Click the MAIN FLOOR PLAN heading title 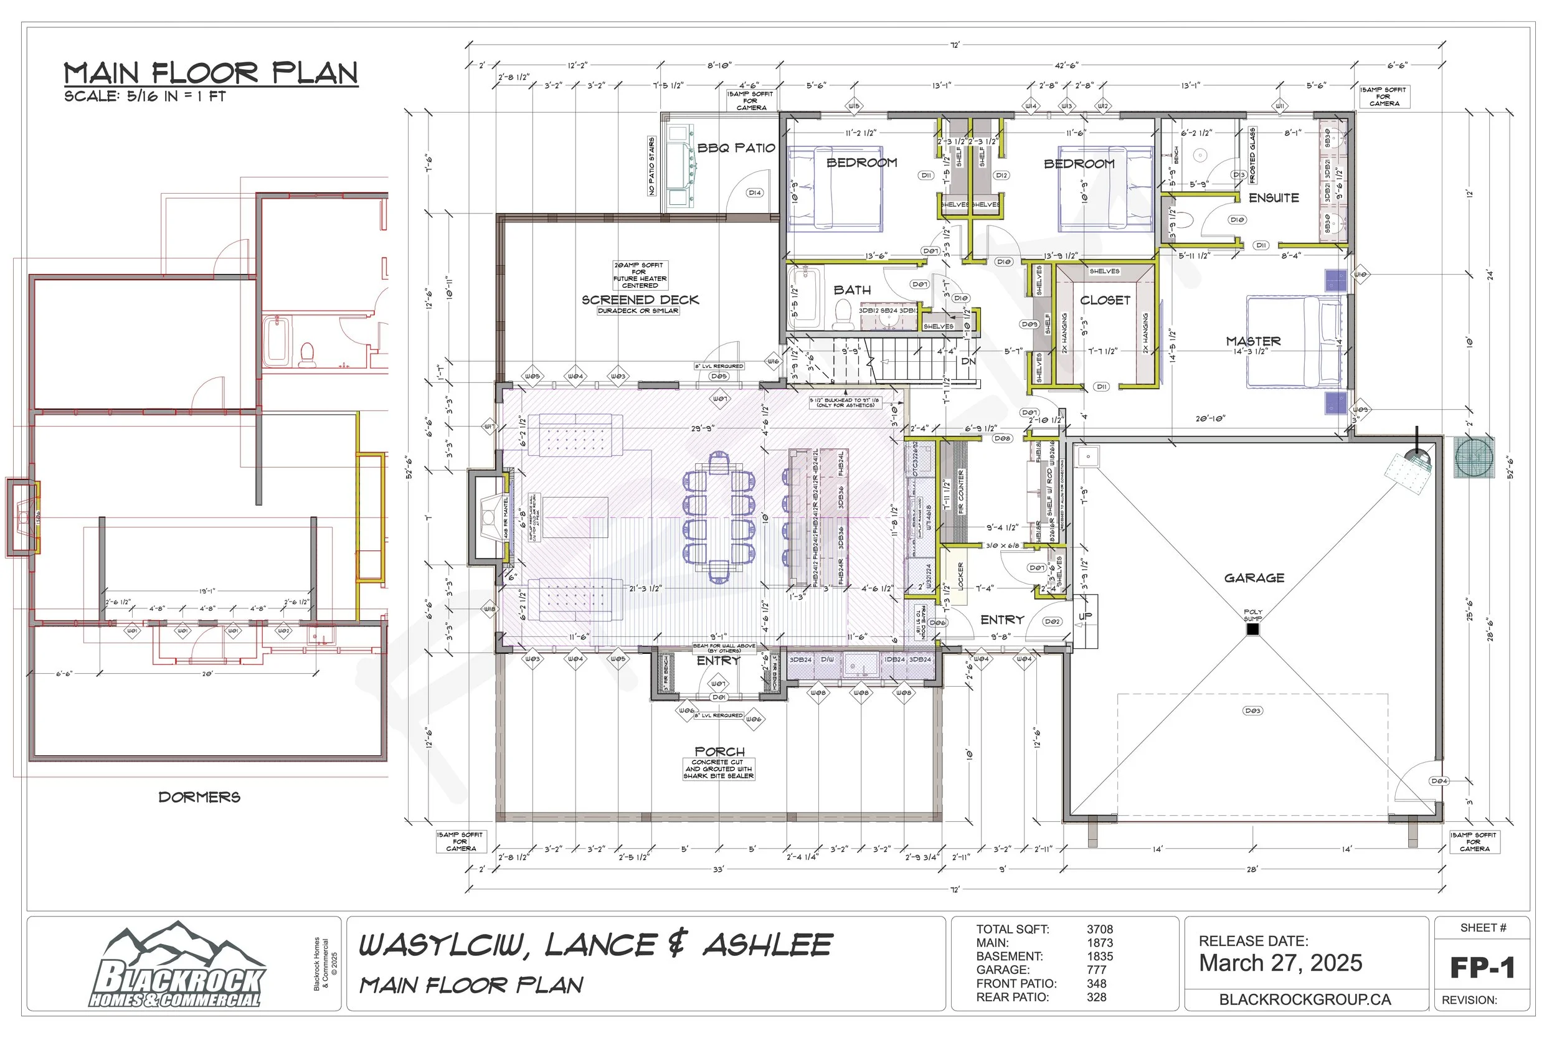pyautogui.click(x=211, y=73)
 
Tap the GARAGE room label pyautogui.click(x=1254, y=578)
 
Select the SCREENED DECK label pyautogui.click(x=640, y=300)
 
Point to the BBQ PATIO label pyautogui.click(x=736, y=148)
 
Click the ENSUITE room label pyautogui.click(x=1274, y=198)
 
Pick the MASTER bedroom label pyautogui.click(x=1253, y=341)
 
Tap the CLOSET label pyautogui.click(x=1105, y=301)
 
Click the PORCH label pyautogui.click(x=719, y=752)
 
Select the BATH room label pyautogui.click(x=852, y=290)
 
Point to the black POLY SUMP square pyautogui.click(x=1252, y=630)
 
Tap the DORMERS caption pyautogui.click(x=199, y=797)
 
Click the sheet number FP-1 pyautogui.click(x=1482, y=968)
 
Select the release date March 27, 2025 pyautogui.click(x=1280, y=963)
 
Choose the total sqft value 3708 pyautogui.click(x=1100, y=930)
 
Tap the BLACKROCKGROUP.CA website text pyautogui.click(x=1305, y=999)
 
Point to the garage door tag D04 pyautogui.click(x=1439, y=781)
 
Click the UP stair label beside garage pyautogui.click(x=1086, y=616)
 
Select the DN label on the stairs pyautogui.click(x=968, y=361)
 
